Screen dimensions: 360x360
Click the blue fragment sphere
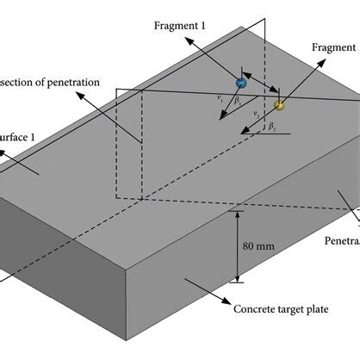click(241, 84)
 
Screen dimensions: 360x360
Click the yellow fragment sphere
click(278, 105)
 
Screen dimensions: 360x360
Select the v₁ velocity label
click(220, 98)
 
